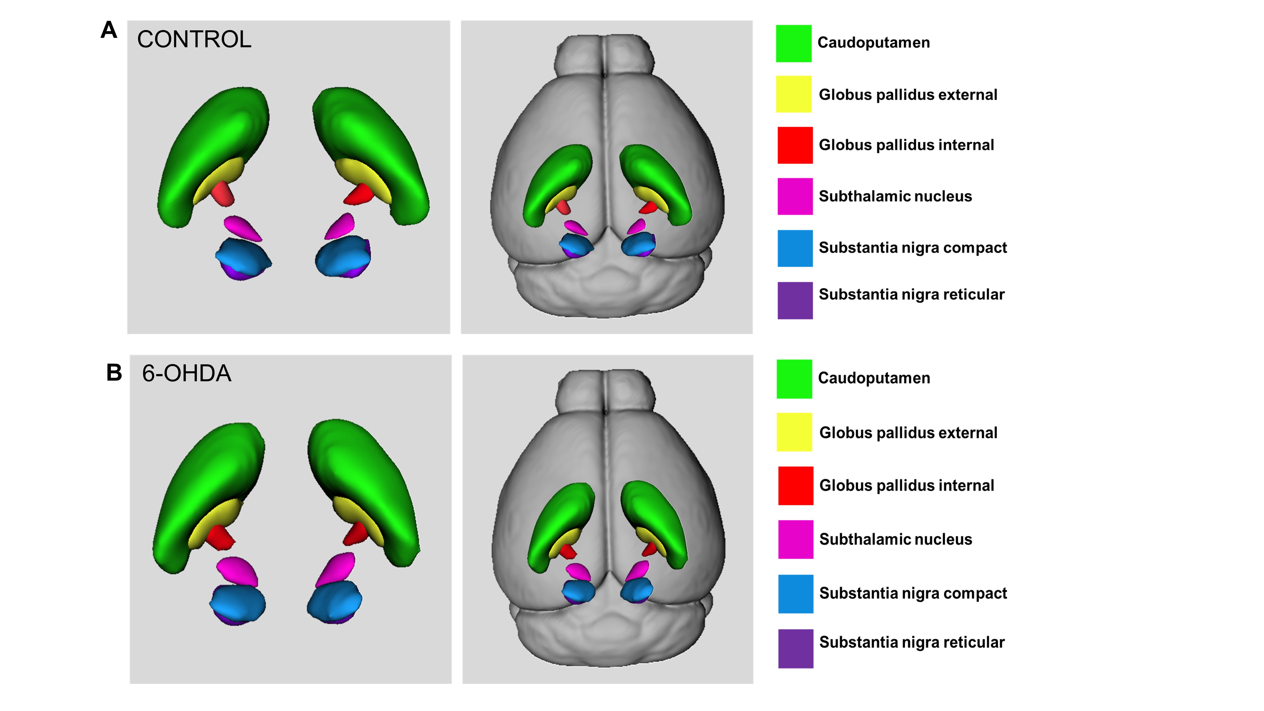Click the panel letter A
(x=109, y=30)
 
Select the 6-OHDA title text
(x=186, y=374)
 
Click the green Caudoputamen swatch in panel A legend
(x=793, y=44)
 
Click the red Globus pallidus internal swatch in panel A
(x=795, y=145)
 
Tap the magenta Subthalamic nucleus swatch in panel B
(x=795, y=539)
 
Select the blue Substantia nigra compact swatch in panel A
(x=795, y=248)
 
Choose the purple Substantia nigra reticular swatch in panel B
(x=795, y=649)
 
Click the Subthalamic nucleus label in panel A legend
(x=895, y=196)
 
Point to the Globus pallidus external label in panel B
(x=908, y=433)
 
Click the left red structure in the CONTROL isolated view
(x=223, y=194)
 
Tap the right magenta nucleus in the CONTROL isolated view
(x=341, y=226)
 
